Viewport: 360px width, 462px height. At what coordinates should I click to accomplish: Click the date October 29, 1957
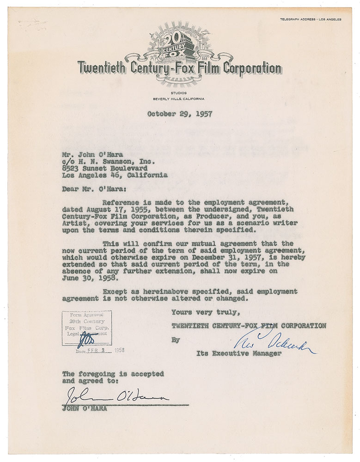(x=180, y=114)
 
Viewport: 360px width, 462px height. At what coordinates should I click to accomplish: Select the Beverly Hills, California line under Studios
(x=179, y=99)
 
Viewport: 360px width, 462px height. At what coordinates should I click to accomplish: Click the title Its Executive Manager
(x=239, y=353)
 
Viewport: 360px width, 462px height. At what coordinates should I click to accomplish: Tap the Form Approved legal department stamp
(x=86, y=328)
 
